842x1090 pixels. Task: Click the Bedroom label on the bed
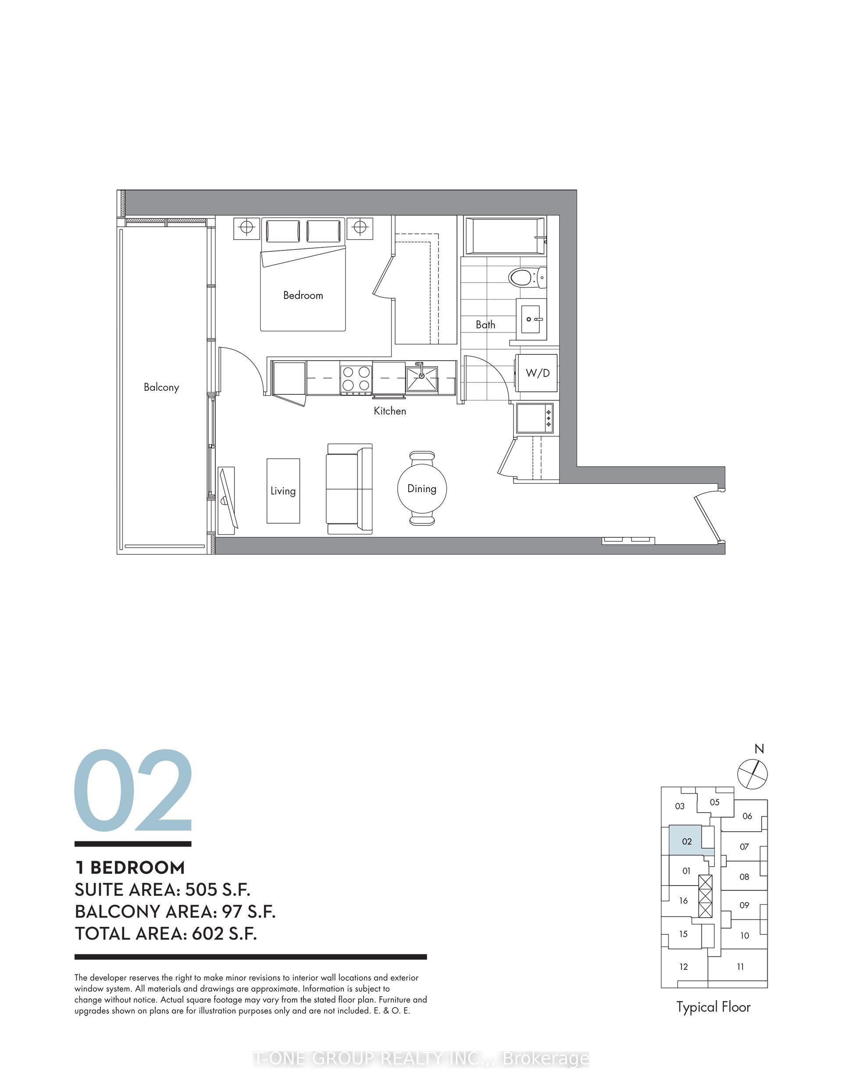(303, 296)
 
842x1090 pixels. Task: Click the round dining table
(422, 489)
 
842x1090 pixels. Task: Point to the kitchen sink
(422, 379)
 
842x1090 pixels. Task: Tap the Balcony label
(161, 387)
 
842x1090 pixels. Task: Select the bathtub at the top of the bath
(505, 236)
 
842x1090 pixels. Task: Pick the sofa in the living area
(350, 489)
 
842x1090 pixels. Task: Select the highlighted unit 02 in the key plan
(686, 841)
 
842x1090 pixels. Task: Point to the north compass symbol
(753, 774)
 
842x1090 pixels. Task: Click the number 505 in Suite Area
(203, 890)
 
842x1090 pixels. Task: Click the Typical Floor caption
(713, 1007)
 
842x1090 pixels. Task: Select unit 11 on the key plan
(740, 967)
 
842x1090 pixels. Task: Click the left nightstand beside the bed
(246, 228)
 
